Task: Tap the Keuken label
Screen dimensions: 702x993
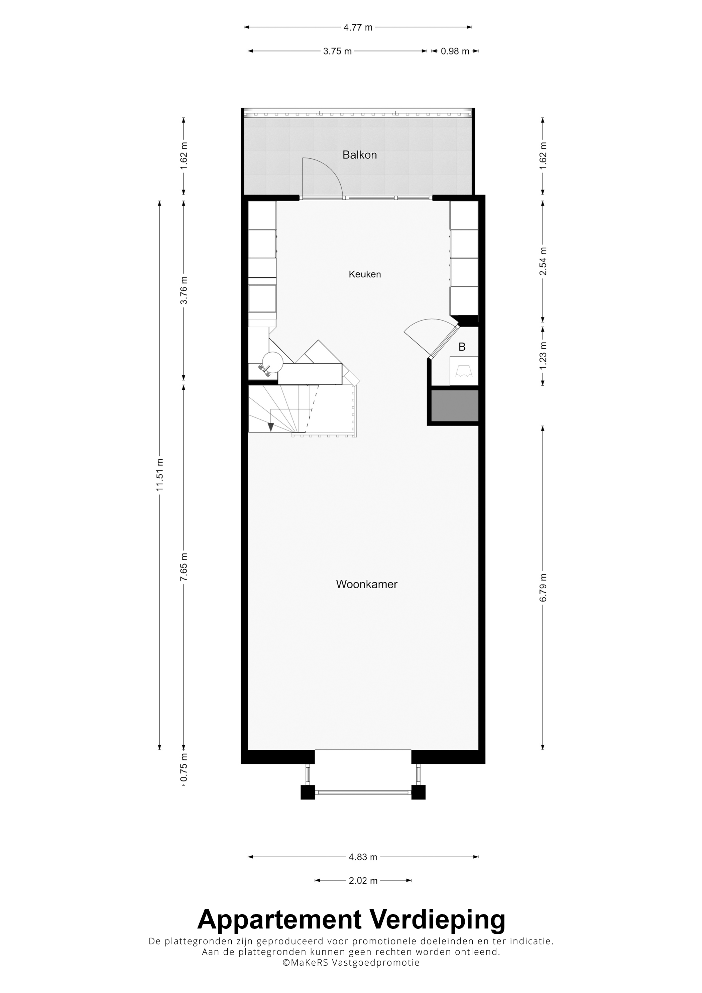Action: (x=365, y=274)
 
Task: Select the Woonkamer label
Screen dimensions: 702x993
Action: (x=366, y=584)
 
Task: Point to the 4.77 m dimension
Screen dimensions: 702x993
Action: (x=358, y=27)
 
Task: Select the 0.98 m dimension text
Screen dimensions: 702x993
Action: (x=455, y=51)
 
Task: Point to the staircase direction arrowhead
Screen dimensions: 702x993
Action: (x=271, y=427)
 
